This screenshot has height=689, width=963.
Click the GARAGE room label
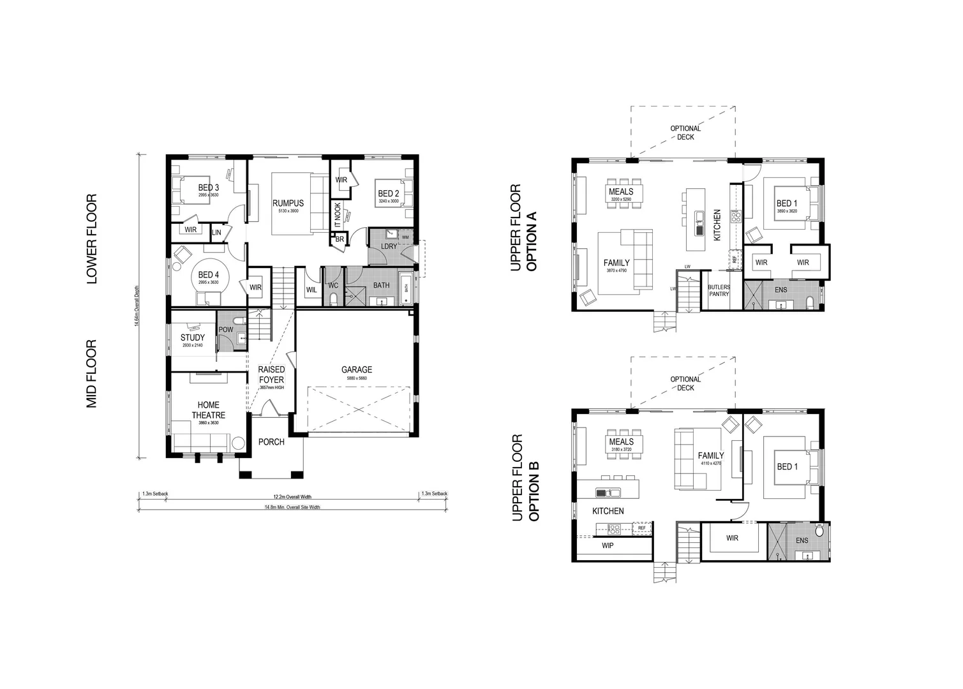[x=356, y=370]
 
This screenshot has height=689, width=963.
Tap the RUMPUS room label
[x=288, y=204]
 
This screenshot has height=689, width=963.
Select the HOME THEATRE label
[x=208, y=410]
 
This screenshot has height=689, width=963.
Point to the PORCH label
[x=271, y=442]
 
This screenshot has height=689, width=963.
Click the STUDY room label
[x=193, y=337]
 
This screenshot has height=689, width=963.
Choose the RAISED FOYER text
[x=271, y=374]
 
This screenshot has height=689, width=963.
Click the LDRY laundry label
[x=389, y=246]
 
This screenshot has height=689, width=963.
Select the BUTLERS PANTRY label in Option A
[x=719, y=290]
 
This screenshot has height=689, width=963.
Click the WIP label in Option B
[x=608, y=546]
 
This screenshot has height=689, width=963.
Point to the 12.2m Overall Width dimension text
[x=292, y=497]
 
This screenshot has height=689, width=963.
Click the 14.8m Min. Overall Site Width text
[x=292, y=508]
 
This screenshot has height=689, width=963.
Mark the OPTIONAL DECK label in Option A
[x=685, y=133]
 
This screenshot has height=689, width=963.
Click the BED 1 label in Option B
[x=787, y=467]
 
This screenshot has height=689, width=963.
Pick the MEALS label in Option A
[x=621, y=191]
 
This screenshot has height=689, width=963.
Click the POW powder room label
[x=226, y=330]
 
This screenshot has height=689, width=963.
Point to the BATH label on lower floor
[x=381, y=286]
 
